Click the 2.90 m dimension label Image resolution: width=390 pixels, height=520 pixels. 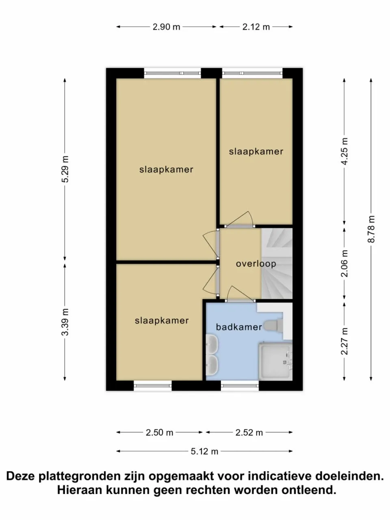pyautogui.click(x=167, y=27)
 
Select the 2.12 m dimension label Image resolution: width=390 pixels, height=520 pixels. pyautogui.click(x=256, y=27)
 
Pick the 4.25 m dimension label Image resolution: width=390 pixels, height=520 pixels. pyautogui.click(x=344, y=151)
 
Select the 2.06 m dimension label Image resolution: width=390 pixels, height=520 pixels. pyautogui.click(x=344, y=263)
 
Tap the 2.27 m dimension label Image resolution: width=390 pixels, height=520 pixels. pyautogui.click(x=344, y=341)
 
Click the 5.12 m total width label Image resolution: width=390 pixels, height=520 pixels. pyautogui.click(x=205, y=451)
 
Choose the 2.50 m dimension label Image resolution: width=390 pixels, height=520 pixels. pyautogui.click(x=160, y=433)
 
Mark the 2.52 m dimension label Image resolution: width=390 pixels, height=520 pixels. pyautogui.click(x=249, y=433)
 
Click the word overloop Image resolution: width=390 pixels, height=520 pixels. pyautogui.click(x=256, y=264)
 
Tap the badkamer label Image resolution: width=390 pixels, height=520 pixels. pyautogui.click(x=238, y=327)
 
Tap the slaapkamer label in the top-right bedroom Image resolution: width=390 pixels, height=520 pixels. pyautogui.click(x=256, y=152)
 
